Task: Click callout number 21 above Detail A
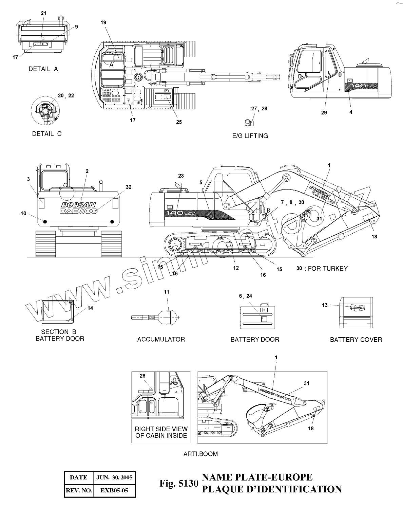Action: tap(43, 13)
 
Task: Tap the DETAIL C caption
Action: tap(47, 134)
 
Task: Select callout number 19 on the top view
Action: tap(103, 22)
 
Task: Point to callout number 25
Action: tap(179, 122)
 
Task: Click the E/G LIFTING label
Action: tap(250, 136)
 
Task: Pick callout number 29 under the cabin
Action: tap(324, 113)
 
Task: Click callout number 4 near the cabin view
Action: tap(351, 112)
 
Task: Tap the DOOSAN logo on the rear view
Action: tap(78, 205)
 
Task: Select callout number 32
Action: tap(128, 187)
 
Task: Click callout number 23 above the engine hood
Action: tap(181, 176)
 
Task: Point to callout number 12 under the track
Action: tap(236, 268)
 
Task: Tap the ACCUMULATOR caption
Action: tap(161, 339)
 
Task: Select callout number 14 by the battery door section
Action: tap(90, 308)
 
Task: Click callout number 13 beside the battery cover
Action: tap(325, 305)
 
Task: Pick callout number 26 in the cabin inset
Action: tap(142, 376)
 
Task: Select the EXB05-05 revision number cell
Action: tap(114, 490)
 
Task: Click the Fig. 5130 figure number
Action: tap(178, 484)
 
